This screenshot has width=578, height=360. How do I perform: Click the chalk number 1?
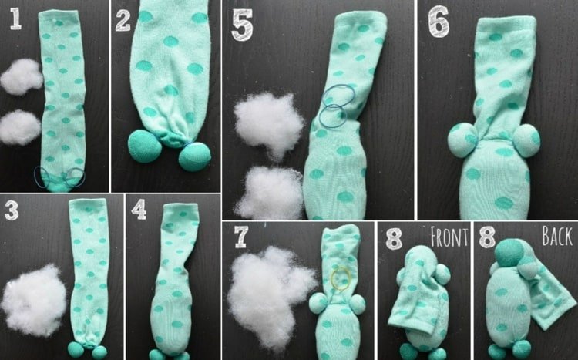[15, 19]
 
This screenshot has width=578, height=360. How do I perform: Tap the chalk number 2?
[123, 20]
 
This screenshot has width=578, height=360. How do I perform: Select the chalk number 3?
[11, 210]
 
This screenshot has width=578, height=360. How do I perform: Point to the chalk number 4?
[139, 210]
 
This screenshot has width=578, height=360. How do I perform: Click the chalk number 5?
[242, 25]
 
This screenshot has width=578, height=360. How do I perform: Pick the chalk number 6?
[439, 22]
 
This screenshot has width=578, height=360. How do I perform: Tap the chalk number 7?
[240, 237]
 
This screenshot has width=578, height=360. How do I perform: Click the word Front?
[449, 237]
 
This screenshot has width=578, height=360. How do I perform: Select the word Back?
[557, 236]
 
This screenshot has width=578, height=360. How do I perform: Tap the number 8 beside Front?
[394, 238]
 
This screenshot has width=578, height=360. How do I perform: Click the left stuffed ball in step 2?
[145, 146]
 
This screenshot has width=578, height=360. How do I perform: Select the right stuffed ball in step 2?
[195, 156]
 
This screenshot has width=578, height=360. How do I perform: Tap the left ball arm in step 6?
[462, 140]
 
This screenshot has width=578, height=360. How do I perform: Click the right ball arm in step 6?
[526, 140]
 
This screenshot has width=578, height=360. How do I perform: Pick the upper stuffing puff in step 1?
[22, 77]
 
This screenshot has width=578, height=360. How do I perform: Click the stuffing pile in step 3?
[34, 301]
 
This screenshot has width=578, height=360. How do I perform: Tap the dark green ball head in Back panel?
[509, 253]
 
